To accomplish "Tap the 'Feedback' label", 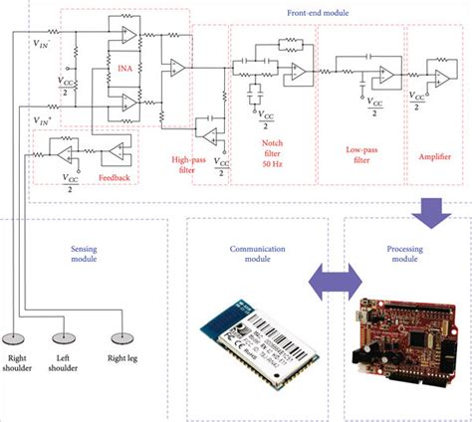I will pyautogui.click(x=113, y=176).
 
